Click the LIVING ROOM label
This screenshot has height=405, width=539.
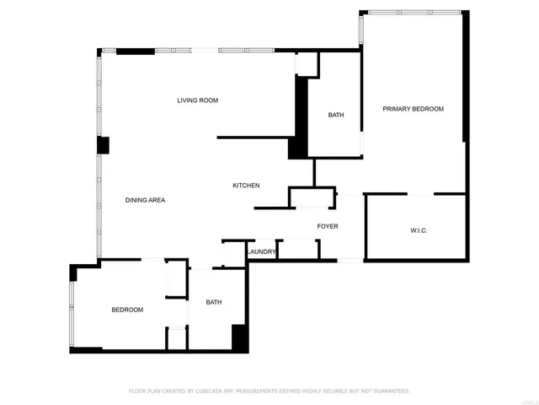coord(197,100)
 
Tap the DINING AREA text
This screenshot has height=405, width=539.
coord(145,200)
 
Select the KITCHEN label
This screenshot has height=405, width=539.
coord(246,186)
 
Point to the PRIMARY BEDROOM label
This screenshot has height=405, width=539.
coord(413,109)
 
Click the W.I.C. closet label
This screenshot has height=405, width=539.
coord(419,230)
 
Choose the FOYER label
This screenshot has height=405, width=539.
coord(328,226)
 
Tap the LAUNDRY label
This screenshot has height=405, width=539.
coord(262,251)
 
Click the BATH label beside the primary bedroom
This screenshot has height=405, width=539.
coord(336,115)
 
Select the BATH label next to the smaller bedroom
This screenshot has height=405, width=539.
coord(214,302)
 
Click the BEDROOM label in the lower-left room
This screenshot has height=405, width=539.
coord(127,310)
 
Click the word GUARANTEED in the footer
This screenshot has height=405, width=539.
coord(390,391)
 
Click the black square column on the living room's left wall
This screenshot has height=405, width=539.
coord(103,145)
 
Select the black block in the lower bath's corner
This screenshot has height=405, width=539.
coord(239,337)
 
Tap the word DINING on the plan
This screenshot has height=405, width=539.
coord(136,200)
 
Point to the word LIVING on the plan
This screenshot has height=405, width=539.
coord(188,100)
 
